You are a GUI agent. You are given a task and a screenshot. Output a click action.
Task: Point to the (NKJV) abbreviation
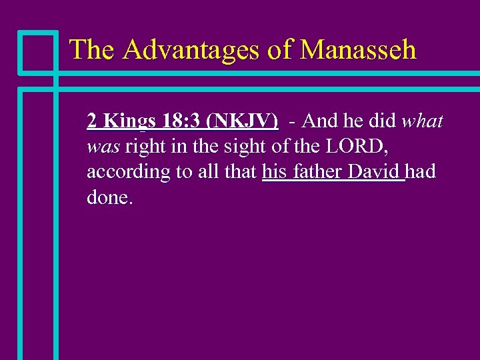point(243,121)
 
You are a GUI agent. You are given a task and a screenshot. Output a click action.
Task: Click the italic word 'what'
point(422,121)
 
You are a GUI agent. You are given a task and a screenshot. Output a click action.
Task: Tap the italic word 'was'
point(103,147)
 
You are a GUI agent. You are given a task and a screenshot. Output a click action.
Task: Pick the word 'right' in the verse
point(145,147)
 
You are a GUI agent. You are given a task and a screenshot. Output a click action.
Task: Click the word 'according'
point(129,172)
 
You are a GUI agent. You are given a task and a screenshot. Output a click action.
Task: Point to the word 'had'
point(421,171)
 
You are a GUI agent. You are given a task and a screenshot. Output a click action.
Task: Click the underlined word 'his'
point(274,171)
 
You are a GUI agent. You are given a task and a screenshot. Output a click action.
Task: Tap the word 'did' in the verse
point(382,121)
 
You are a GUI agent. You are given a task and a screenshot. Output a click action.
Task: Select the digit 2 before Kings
point(92,121)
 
